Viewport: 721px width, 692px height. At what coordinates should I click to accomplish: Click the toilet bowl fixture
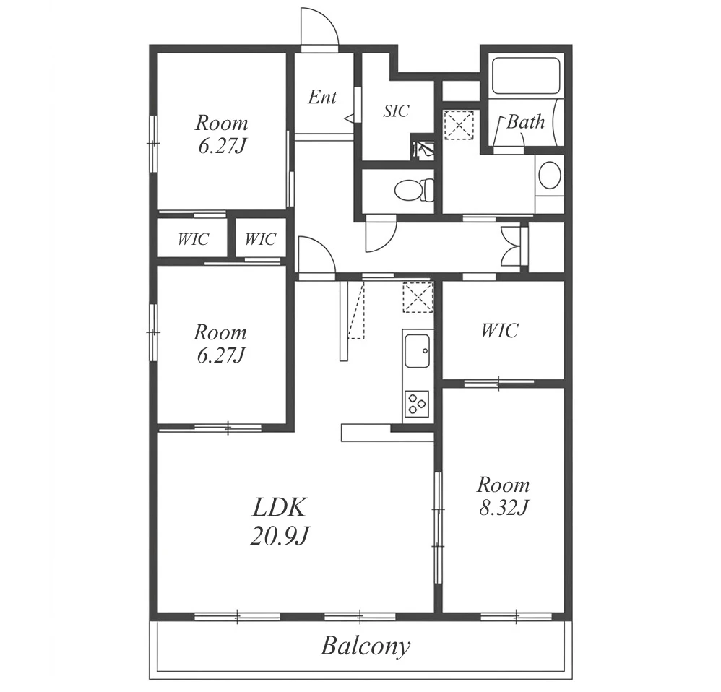pos(415,190)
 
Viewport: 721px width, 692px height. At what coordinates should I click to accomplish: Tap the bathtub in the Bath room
pos(525,76)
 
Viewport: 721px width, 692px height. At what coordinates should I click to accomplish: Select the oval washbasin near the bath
pos(550,176)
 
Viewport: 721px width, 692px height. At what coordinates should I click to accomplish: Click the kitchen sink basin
pos(417,350)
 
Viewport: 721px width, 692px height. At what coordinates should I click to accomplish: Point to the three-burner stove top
pos(417,403)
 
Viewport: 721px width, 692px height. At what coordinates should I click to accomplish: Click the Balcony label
pos(365,646)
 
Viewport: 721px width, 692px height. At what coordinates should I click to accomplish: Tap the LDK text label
pos(279,507)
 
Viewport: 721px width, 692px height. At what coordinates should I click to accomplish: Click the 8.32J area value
pos(504,508)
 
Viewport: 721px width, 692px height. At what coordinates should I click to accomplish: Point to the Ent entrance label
pos(322,97)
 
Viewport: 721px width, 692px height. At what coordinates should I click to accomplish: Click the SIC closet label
pos(396,111)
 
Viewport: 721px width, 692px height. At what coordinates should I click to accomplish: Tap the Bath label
pos(525,122)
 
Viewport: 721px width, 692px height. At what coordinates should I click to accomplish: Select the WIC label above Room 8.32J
pos(500,331)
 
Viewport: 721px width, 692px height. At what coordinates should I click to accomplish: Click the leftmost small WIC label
pos(193,239)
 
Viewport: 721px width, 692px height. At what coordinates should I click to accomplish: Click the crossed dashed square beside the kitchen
pos(418,298)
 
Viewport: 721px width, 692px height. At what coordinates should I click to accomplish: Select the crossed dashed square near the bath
pos(459,125)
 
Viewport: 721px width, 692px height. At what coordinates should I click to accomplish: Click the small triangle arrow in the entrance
pos(349,118)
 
